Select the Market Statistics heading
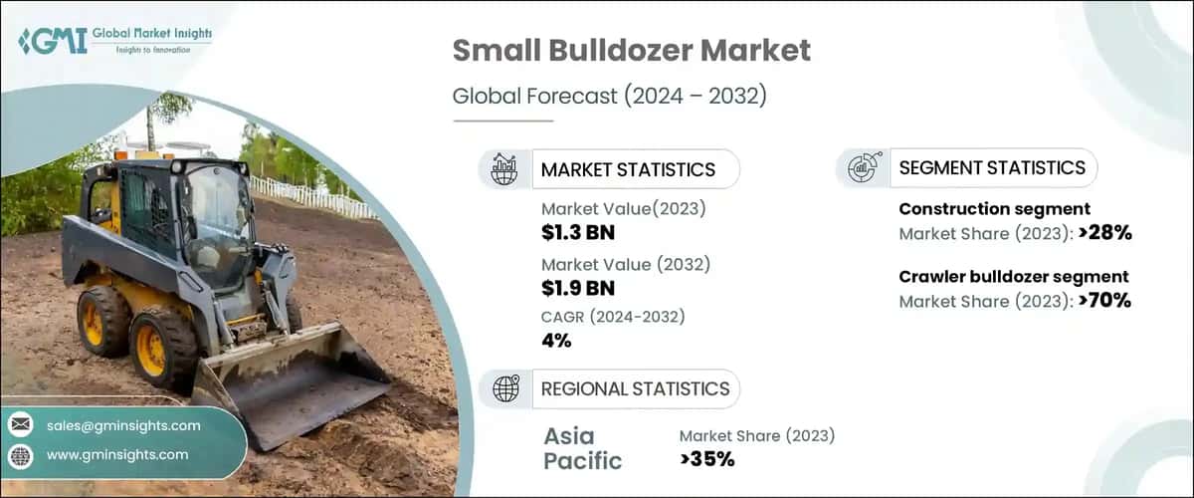[628, 169]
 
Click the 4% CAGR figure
[556, 341]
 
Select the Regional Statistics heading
[635, 388]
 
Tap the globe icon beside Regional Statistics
[505, 388]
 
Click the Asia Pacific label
[582, 448]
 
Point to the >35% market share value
[706, 459]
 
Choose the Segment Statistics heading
[992, 167]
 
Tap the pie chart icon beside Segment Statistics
[862, 167]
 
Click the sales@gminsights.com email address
[123, 425]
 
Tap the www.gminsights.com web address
[117, 454]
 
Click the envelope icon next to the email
[21, 425]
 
